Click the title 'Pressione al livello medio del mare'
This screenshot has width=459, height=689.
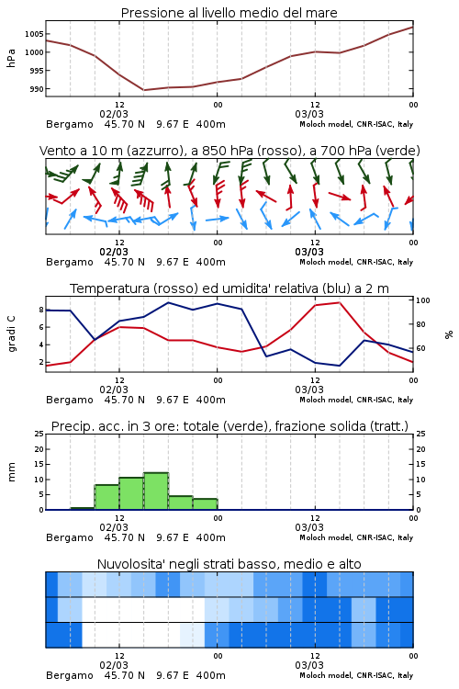(x=229, y=13)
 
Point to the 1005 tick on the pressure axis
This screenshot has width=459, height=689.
(x=34, y=34)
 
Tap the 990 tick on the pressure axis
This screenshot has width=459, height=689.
(x=37, y=89)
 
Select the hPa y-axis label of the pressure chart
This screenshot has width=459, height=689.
(x=11, y=58)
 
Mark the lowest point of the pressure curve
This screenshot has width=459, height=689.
(x=143, y=90)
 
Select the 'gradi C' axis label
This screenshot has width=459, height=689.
(x=11, y=334)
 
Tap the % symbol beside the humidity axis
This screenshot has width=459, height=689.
(x=449, y=334)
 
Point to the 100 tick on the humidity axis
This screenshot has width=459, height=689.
(x=423, y=300)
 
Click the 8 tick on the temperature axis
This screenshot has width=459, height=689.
(x=41, y=310)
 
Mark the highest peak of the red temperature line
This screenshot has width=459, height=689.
(x=339, y=302)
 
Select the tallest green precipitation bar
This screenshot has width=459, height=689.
(x=156, y=491)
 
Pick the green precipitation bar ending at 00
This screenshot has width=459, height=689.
(x=205, y=504)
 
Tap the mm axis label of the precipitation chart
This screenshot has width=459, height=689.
(x=11, y=472)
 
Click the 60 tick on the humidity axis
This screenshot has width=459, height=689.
(x=420, y=348)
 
